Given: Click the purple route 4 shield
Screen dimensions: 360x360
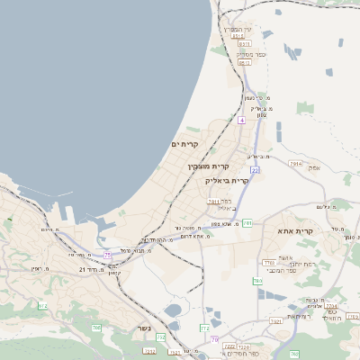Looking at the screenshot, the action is pos(241,120).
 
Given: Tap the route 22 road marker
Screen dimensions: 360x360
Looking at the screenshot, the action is pos(256,169).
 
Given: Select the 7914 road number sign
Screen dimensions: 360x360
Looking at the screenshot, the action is pos(296,164).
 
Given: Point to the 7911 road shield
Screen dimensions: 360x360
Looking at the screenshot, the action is pos(213,202).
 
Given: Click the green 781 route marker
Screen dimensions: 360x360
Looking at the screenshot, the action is pos(247,221).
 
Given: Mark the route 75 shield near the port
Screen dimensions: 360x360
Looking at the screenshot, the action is pos(108,256).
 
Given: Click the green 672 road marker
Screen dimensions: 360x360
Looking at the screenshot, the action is pos(42,306).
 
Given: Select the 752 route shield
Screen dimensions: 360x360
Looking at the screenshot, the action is pos(161,337).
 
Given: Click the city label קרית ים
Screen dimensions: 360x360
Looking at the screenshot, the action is pos(184,144).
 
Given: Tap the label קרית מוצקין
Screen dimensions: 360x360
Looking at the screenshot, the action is pos(208,166).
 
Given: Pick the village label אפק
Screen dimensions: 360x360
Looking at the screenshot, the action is pos(314,167).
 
